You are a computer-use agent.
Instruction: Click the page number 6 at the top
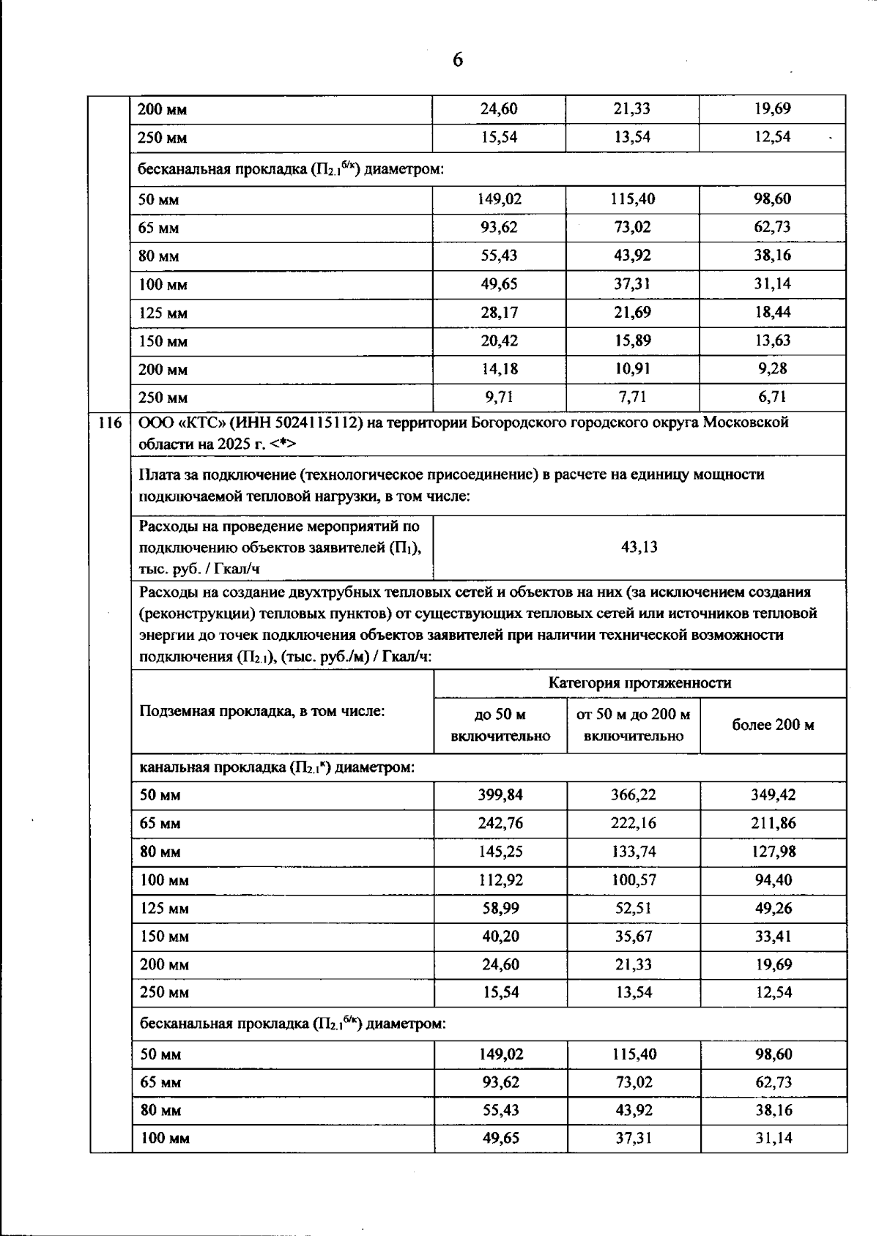point(458,60)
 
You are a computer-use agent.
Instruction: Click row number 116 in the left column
point(110,422)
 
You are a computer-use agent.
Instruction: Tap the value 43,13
point(639,547)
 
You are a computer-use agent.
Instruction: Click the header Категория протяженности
point(639,683)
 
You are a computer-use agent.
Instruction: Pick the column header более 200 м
point(773,725)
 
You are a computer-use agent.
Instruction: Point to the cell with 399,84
point(500,794)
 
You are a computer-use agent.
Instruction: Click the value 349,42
point(773,794)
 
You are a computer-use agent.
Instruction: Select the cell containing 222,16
point(633,823)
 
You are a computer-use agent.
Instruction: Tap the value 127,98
point(773,852)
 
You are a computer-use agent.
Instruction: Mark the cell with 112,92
point(500,880)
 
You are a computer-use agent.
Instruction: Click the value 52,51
point(633,908)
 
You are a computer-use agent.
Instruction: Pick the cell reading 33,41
point(773,937)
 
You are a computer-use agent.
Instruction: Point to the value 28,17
point(499,313)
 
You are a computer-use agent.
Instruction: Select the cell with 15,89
point(632,340)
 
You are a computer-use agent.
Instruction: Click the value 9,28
point(772,369)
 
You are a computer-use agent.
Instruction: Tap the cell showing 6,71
point(772,398)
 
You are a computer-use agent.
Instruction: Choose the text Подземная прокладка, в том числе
point(262,711)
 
